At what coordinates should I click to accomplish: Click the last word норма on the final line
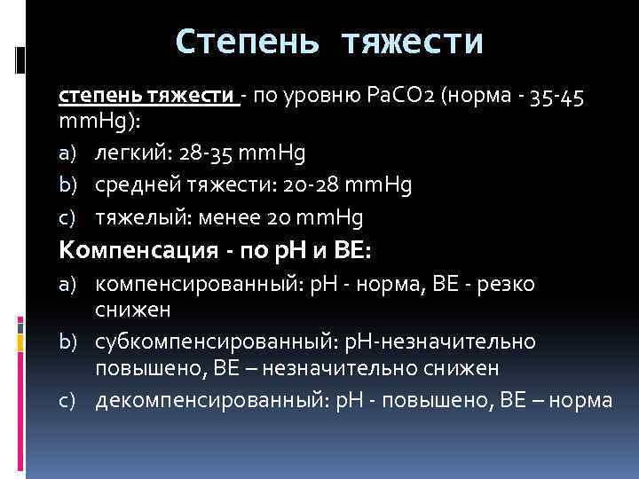click(580, 400)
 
